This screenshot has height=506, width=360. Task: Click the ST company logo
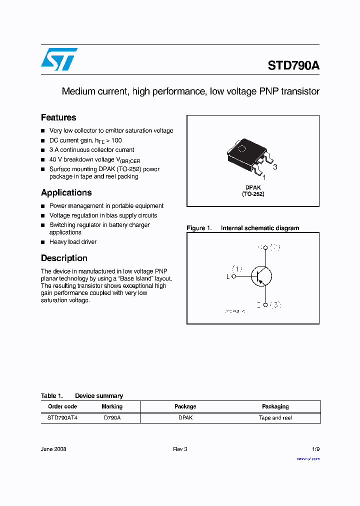pos(59,59)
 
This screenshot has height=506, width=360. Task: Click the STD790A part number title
pos(293,66)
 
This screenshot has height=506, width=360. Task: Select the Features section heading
pos(58,117)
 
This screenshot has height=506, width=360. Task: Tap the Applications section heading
pos(66,192)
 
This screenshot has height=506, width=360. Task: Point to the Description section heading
pos(64,258)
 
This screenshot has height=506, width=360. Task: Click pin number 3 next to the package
pos(275,167)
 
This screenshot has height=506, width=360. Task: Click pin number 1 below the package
pos(264,177)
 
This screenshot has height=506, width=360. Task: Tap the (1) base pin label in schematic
pos(237,268)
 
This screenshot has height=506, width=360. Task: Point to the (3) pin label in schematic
pos(275,305)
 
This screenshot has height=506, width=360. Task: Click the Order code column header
pos(62,406)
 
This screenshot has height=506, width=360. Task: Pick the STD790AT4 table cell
pos(62,417)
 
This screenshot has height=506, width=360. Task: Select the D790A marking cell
pos(112,417)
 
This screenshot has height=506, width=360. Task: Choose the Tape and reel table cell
pos(275,417)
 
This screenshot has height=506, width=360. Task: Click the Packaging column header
pos(275,406)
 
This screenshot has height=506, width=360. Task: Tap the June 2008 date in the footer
pos(53,449)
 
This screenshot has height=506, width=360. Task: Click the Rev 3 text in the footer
pos(180,449)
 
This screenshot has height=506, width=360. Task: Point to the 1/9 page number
pos(315,449)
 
